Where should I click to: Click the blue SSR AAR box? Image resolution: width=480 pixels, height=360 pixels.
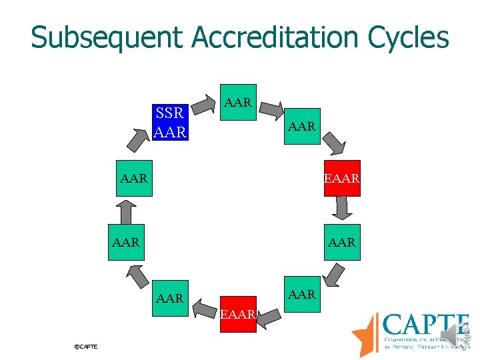pyautogui.click(x=169, y=123)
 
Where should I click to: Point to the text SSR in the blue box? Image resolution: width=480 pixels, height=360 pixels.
pyautogui.click(x=169, y=113)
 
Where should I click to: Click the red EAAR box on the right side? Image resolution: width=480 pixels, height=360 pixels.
pyautogui.click(x=342, y=178)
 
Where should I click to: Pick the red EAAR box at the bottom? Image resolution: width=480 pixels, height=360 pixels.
pyautogui.click(x=238, y=314)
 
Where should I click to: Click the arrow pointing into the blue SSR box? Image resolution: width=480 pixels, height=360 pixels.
pyautogui.click(x=137, y=137)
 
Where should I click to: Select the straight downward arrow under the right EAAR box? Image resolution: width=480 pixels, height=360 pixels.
pyautogui.click(x=342, y=208)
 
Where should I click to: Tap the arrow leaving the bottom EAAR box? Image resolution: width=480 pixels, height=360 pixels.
pyautogui.click(x=204, y=309)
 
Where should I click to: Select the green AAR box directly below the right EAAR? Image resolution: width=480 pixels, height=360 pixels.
pyautogui.click(x=342, y=243)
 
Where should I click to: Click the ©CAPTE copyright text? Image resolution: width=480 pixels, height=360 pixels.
pyautogui.click(x=86, y=347)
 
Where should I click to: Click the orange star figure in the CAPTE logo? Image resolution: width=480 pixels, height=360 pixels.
pyautogui.click(x=366, y=334)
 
